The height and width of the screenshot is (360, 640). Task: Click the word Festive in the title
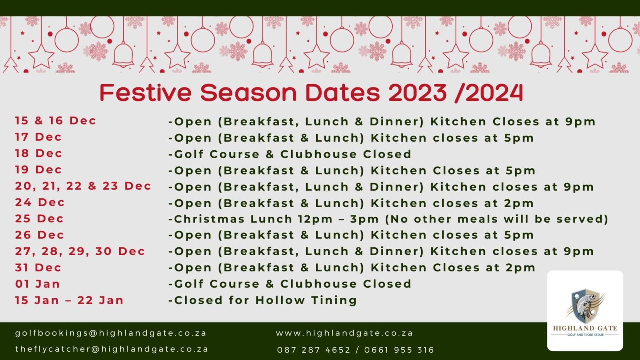coord(146,92)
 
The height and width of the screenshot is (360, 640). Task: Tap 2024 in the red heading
coord(494,92)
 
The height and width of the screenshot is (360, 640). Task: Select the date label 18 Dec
coord(38,154)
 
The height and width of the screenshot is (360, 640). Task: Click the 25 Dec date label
coord(40,219)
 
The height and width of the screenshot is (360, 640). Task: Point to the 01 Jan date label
coord(38,284)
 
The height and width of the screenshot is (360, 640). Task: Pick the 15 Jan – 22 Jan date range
coord(70,300)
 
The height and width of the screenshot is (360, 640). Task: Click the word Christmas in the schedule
coord(210,219)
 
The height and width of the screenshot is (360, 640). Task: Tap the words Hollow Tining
coord(306,300)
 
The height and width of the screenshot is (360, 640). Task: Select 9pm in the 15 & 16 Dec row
coord(580,122)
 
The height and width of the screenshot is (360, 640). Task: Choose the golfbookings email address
coord(111,333)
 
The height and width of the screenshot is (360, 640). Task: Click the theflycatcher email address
coord(112,349)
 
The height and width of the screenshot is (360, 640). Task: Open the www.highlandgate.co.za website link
coord(344,333)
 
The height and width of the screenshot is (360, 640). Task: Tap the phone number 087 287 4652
coord(314,350)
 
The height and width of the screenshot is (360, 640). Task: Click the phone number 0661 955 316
coord(399,350)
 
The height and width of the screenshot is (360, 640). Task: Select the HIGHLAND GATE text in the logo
coord(585,328)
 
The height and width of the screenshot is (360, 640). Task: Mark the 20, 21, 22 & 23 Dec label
coord(83,186)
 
